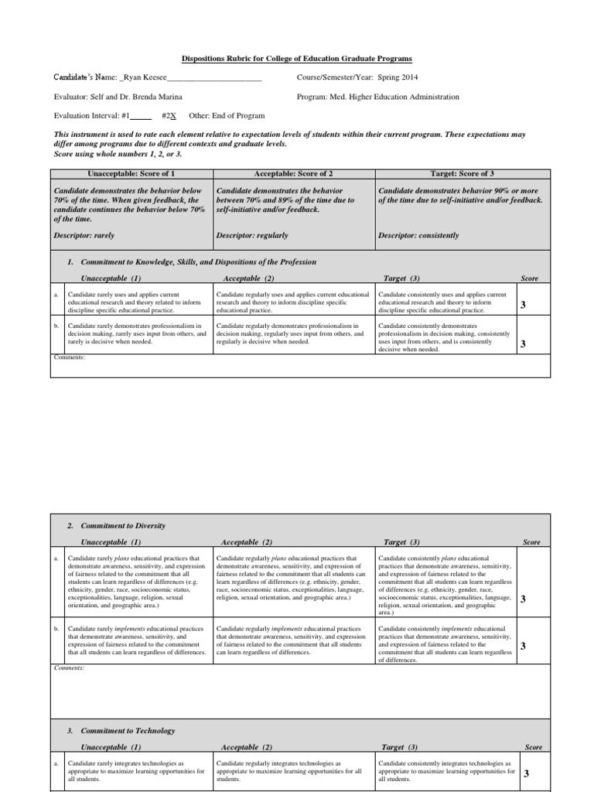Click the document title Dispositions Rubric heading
coord(297,59)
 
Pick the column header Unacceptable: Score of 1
coord(131,175)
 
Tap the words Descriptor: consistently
coord(418,235)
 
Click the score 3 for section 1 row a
coord(524,306)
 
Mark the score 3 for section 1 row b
coord(524,343)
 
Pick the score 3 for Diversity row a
coord(524,599)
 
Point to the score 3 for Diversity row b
coord(524,646)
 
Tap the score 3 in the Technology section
coord(527,773)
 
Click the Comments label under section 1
coord(69,357)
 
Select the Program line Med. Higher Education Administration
coord(377,97)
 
